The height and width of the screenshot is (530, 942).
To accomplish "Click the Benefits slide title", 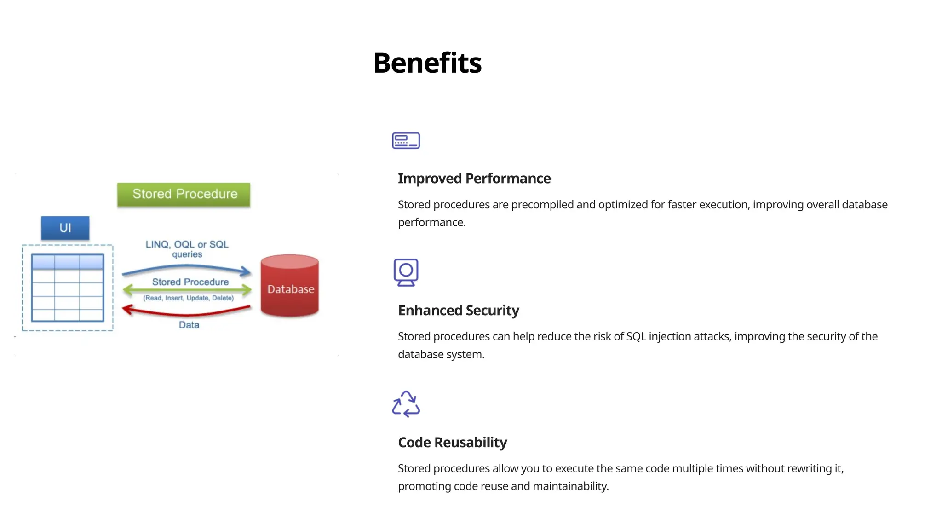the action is click(427, 63).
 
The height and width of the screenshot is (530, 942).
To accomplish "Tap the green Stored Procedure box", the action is click(184, 194).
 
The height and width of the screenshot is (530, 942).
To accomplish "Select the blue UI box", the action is click(65, 228).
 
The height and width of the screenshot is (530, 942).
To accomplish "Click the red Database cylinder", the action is click(290, 286).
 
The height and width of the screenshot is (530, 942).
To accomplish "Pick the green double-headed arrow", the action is click(187, 290).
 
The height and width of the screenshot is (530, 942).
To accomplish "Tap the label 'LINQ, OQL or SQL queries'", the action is click(187, 249).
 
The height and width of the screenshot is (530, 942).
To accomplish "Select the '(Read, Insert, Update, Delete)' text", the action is click(189, 298).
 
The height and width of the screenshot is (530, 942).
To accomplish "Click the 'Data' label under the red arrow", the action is click(189, 325).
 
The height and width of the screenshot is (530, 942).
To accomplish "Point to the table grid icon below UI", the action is click(68, 288).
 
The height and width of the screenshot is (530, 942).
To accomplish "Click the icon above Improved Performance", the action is click(406, 140).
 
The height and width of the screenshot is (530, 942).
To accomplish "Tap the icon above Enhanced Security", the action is click(406, 272).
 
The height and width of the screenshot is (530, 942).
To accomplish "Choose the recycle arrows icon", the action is click(406, 404).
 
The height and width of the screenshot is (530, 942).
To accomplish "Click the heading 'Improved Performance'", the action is click(474, 179).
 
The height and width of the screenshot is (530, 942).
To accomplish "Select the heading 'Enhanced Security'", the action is click(458, 311).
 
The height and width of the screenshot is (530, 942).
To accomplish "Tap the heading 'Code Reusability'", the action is click(452, 443).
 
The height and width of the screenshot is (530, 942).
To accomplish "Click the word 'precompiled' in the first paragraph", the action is click(542, 205).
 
